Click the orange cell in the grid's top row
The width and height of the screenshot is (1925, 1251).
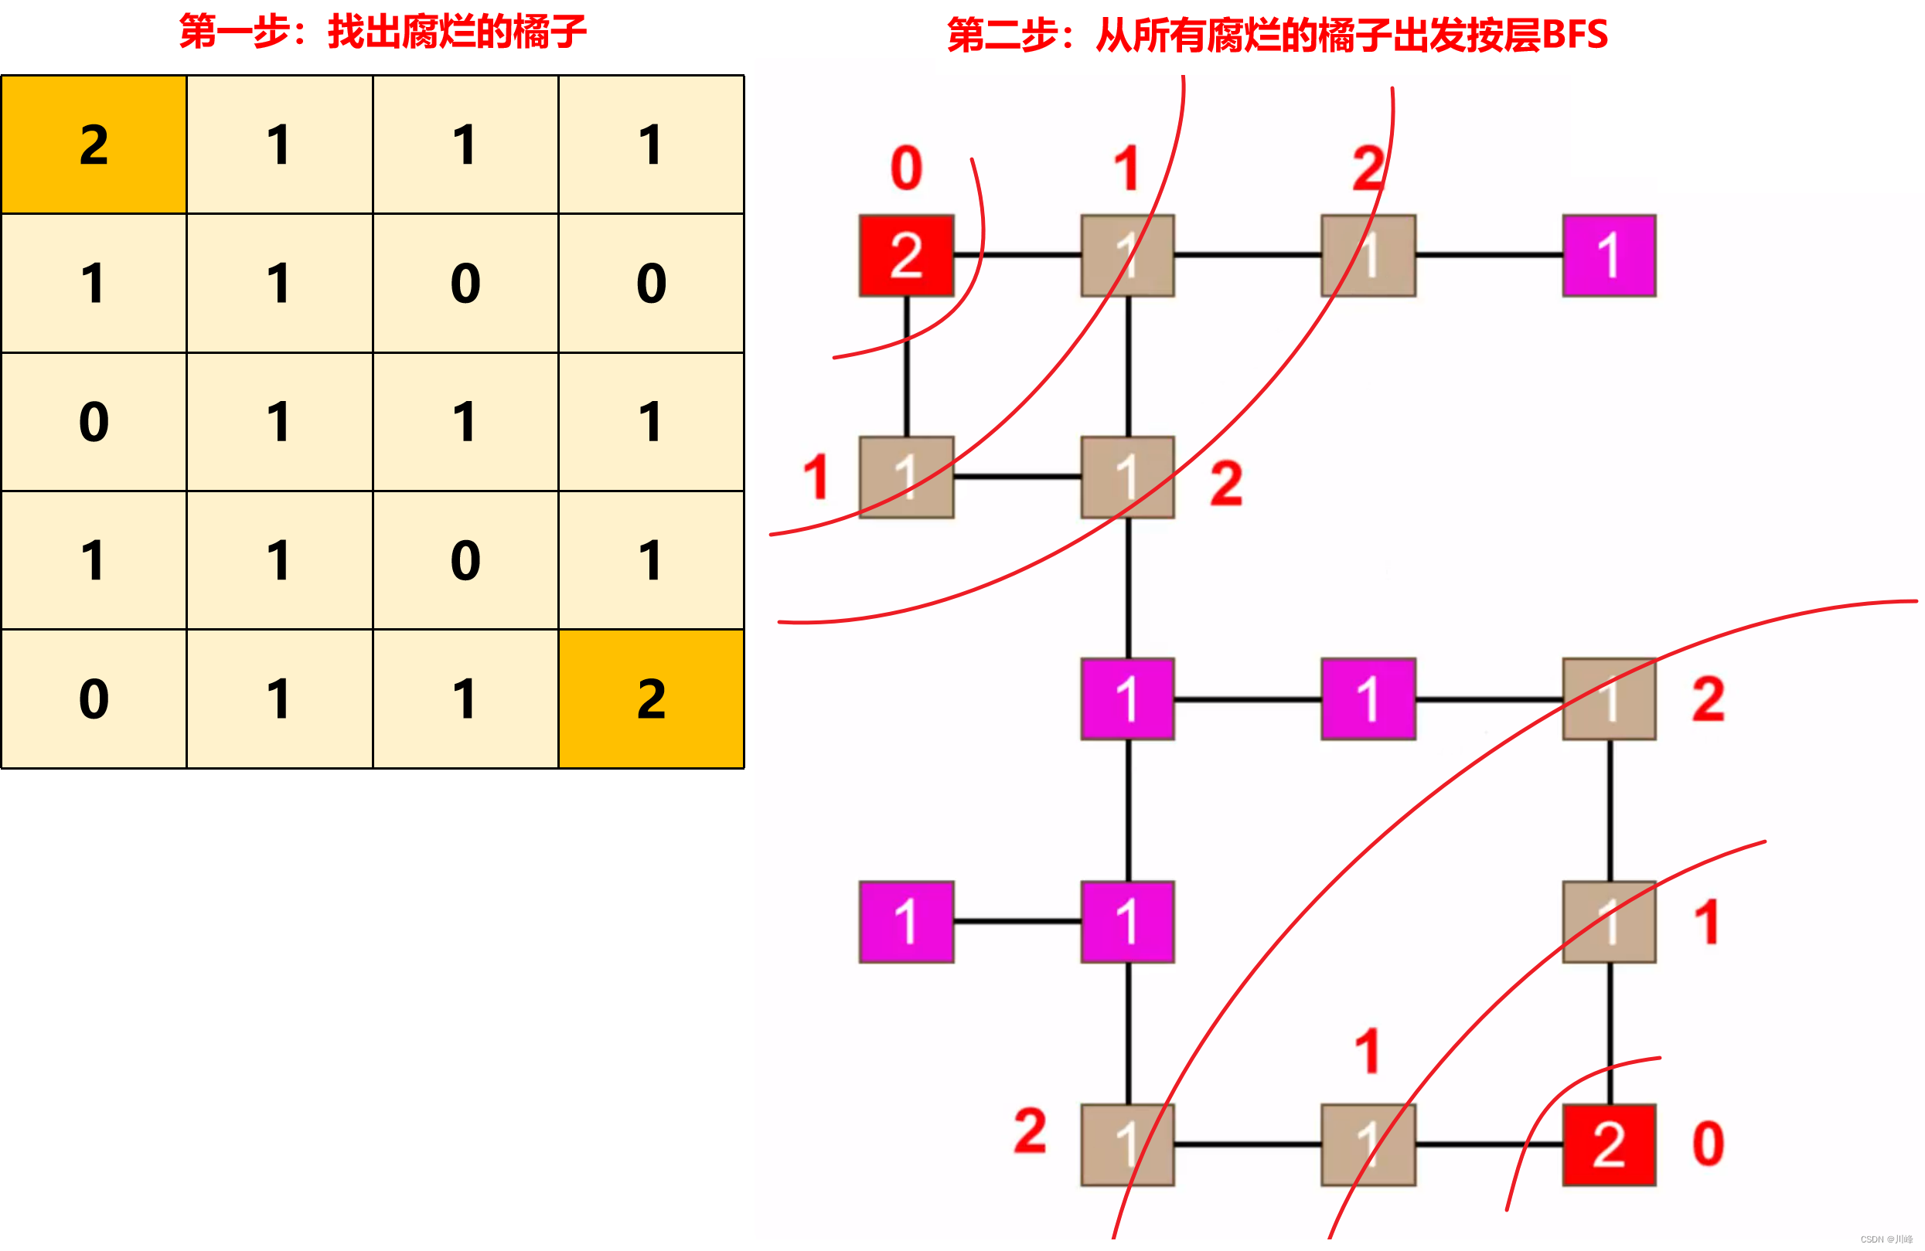94,144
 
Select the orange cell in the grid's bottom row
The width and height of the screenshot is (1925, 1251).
651,699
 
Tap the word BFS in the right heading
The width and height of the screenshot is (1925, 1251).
1574,35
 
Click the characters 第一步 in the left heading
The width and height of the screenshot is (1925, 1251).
234,32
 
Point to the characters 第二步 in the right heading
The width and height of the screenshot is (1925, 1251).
1003,35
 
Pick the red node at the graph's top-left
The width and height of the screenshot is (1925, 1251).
906,256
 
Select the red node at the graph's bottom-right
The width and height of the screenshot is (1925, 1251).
1609,1144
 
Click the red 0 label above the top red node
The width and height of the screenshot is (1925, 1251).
906,168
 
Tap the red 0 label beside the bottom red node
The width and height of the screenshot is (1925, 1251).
1708,1144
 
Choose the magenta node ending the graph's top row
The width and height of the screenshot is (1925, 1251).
1609,256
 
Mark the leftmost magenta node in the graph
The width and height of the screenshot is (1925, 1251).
906,922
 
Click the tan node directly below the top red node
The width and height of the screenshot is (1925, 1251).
906,477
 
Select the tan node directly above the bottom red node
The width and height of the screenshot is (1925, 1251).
1609,922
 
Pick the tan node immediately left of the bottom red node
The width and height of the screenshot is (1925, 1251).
1368,1144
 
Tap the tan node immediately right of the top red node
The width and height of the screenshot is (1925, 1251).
1127,256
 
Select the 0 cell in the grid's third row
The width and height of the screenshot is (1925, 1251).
94,421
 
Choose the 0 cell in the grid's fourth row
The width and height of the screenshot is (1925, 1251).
465,560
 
